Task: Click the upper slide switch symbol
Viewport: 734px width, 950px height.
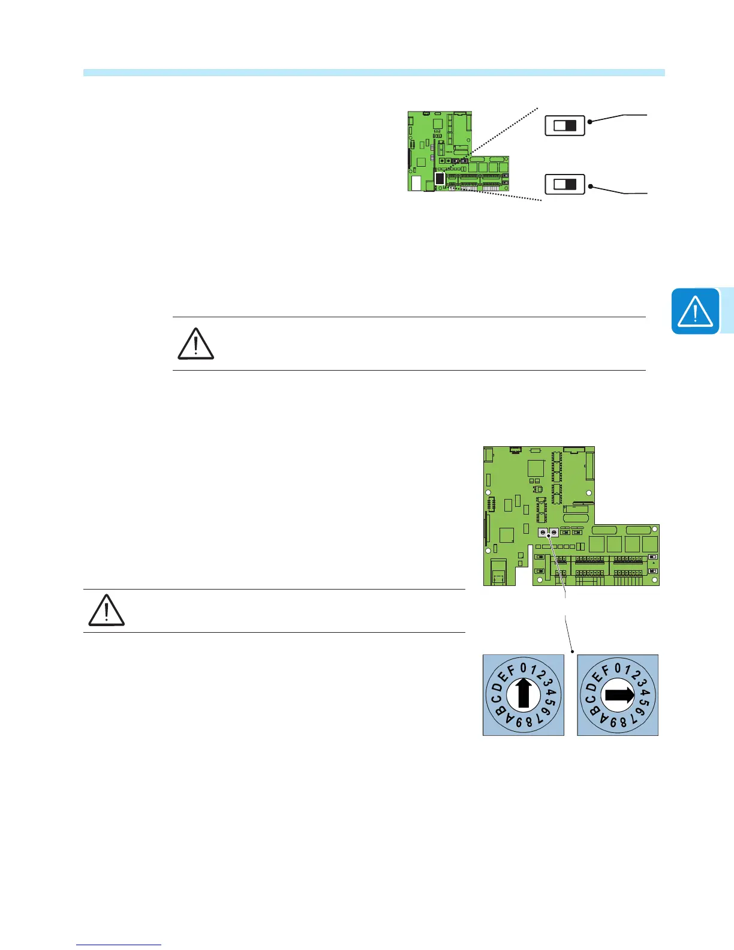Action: coord(564,125)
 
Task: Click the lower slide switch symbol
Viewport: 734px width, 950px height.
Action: coord(564,184)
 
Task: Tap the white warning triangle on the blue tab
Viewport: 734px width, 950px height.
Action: coord(695,311)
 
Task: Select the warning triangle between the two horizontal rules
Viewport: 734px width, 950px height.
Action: coord(195,344)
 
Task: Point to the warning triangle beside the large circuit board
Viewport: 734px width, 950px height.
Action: coord(106,611)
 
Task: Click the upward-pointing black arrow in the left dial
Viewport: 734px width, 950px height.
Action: coord(524,695)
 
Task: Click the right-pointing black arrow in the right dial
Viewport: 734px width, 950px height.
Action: coord(619,695)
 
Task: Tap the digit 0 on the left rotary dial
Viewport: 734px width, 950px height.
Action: coord(523,668)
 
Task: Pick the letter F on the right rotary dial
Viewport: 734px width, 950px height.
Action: coord(606,670)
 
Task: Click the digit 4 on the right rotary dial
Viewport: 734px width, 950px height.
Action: coord(646,693)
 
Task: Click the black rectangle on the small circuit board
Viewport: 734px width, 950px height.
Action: coord(440,179)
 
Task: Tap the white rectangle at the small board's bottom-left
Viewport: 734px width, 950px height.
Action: coord(416,183)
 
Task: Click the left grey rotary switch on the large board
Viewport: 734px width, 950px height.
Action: coord(543,533)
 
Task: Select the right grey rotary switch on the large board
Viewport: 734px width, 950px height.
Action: coord(554,533)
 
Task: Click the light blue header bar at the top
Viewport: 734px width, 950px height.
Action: coord(374,73)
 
